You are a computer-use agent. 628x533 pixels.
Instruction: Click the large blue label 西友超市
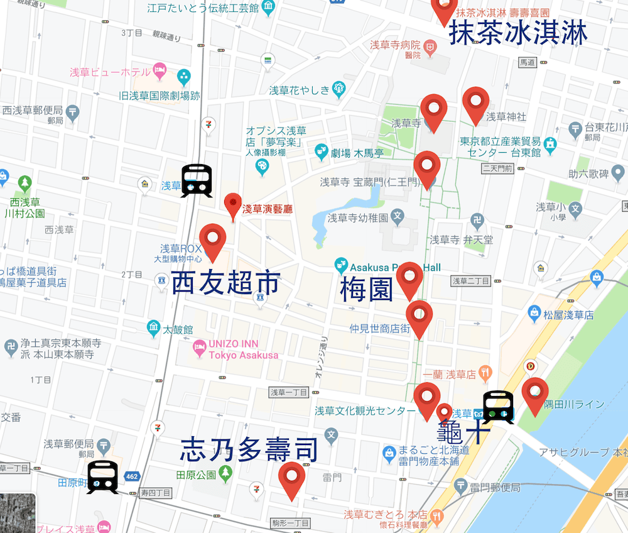225,284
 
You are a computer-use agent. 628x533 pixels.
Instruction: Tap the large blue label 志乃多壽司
249,450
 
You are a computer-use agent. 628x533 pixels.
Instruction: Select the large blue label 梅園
366,290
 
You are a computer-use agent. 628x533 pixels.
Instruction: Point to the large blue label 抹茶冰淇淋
518,34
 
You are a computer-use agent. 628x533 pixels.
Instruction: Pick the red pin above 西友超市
212,240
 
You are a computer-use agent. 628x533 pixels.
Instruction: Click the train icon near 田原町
102,477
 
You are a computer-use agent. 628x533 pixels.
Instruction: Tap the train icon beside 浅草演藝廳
197,181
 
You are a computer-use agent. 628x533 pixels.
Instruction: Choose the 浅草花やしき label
299,90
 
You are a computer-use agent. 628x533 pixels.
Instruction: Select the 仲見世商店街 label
380,328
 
